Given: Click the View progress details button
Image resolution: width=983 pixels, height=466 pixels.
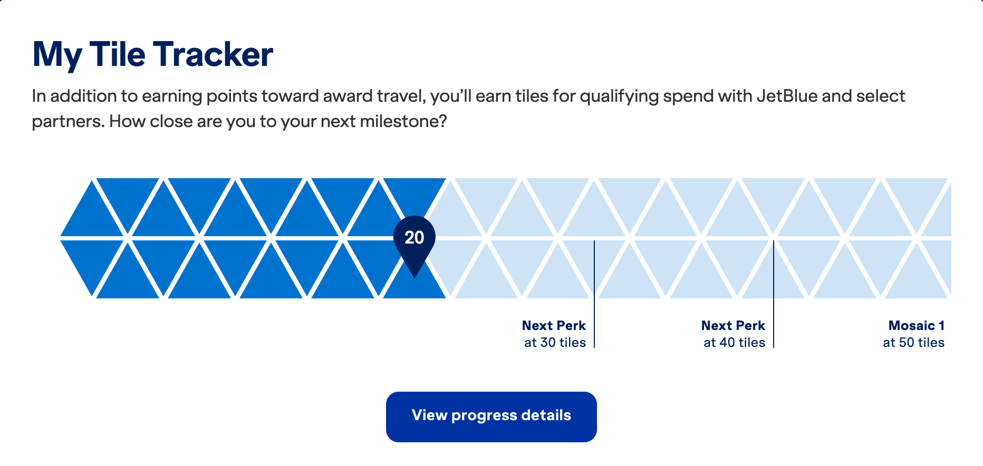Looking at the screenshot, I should click(x=491, y=416).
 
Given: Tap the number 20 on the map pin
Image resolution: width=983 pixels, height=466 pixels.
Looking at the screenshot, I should click(x=415, y=237).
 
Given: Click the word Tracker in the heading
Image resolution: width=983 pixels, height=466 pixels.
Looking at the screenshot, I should click(x=213, y=54).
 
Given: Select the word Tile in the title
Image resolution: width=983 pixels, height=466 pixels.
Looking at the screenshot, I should click(x=117, y=54).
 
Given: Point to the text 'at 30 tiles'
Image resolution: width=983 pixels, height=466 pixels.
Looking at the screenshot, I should click(x=555, y=343).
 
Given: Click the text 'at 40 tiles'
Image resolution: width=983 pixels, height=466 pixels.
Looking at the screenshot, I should click(x=734, y=343).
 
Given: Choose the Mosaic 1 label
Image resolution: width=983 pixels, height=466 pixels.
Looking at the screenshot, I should click(x=916, y=326).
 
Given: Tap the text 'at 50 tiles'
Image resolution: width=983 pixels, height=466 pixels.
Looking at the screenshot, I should click(x=913, y=343).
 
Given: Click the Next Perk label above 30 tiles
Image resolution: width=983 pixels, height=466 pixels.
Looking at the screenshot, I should click(x=554, y=326).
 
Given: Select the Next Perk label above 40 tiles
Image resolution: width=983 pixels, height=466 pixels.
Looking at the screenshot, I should click(x=733, y=326).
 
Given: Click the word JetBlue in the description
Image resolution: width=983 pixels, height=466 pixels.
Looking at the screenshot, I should click(x=786, y=96).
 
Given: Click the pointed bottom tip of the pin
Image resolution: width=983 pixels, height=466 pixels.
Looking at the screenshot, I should click(x=415, y=275).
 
